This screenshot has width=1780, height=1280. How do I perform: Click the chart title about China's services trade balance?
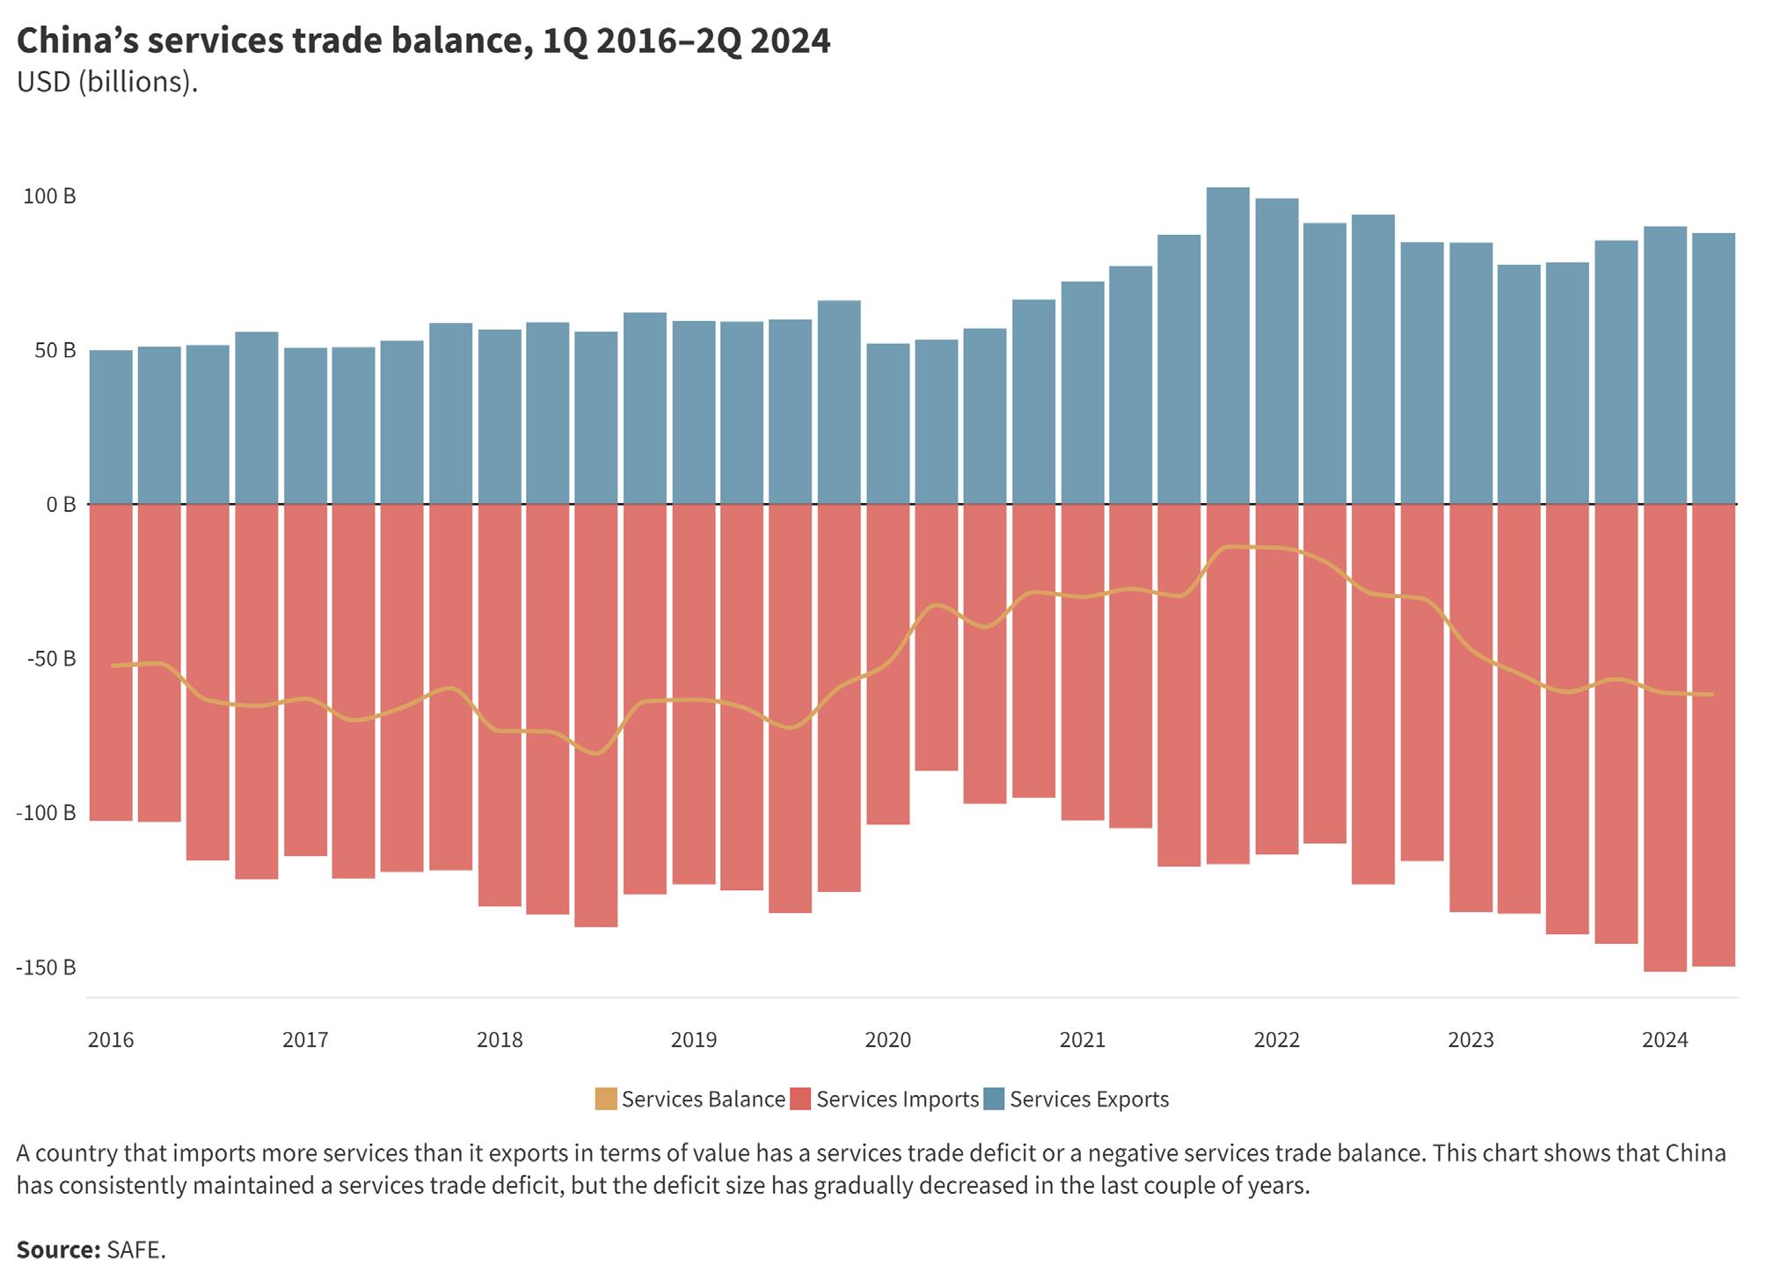tap(423, 41)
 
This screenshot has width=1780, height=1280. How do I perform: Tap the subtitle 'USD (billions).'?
tap(106, 82)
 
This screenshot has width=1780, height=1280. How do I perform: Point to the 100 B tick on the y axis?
tap(49, 196)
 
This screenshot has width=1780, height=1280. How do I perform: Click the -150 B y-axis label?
tap(46, 968)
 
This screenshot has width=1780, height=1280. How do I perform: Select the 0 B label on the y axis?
tap(61, 505)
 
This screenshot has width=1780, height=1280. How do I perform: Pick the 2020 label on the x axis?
tap(888, 1040)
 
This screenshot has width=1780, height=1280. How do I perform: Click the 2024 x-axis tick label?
tap(1665, 1040)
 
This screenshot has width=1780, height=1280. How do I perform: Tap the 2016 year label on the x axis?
tap(111, 1040)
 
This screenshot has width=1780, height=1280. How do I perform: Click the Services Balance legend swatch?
tap(606, 1100)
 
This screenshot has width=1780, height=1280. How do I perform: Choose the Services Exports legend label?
tap(1089, 1100)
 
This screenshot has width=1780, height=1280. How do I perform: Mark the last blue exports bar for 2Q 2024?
tap(1713, 369)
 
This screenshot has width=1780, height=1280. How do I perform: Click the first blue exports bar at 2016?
tap(111, 427)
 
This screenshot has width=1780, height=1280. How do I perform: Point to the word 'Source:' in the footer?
tap(58, 1250)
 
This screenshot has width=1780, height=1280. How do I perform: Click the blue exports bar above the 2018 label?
tap(500, 417)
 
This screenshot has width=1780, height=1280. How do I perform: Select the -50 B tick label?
tap(46, 659)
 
